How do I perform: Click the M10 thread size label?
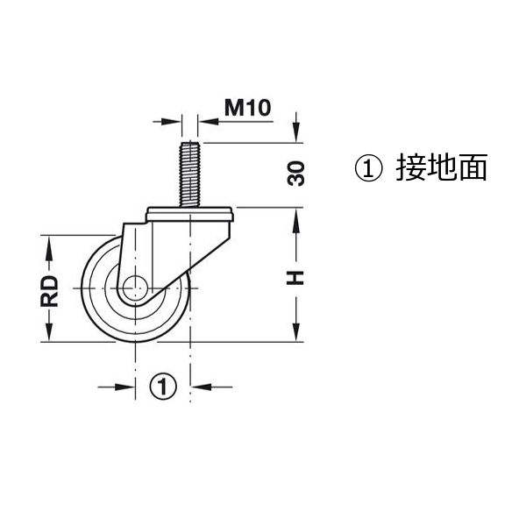[x=247, y=108]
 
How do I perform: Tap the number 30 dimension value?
[x=296, y=174]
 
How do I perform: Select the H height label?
[x=295, y=278]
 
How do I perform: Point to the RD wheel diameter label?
[x=49, y=290]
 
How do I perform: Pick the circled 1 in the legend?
[x=368, y=168]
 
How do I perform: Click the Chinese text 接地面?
[x=442, y=167]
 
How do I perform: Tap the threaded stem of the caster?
[x=190, y=174]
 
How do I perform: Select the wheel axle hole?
[x=135, y=288]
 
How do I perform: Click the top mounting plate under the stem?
[x=190, y=215]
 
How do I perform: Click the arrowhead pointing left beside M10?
[x=209, y=122]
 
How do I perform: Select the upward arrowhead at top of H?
[x=296, y=218]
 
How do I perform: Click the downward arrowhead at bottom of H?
[x=296, y=331]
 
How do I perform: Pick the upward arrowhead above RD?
[x=49, y=245]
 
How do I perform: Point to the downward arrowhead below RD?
[x=49, y=331]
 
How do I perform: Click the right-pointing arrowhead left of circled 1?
[x=124, y=387]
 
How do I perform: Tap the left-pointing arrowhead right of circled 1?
[x=201, y=387]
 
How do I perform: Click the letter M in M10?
[x=234, y=108]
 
